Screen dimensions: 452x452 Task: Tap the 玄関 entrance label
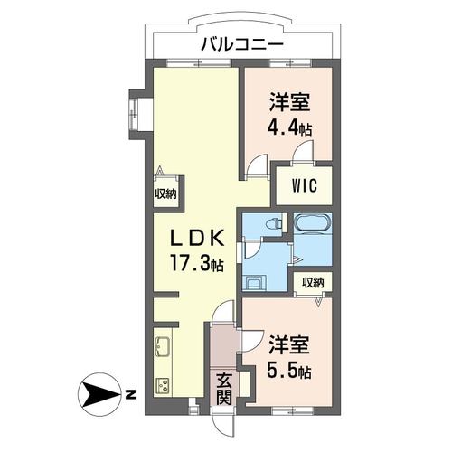tap(223, 388)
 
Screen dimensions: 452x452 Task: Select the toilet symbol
tap(274, 222)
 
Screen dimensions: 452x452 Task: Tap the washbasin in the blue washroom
tap(253, 281)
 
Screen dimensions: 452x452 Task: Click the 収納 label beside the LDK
tap(165, 193)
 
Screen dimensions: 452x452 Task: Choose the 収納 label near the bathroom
tap(313, 283)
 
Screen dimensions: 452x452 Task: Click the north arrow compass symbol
tap(101, 393)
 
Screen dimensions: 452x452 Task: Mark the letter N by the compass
tap(130, 394)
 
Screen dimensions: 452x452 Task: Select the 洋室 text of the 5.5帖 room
tap(289, 344)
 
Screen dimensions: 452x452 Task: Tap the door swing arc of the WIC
tap(306, 151)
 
